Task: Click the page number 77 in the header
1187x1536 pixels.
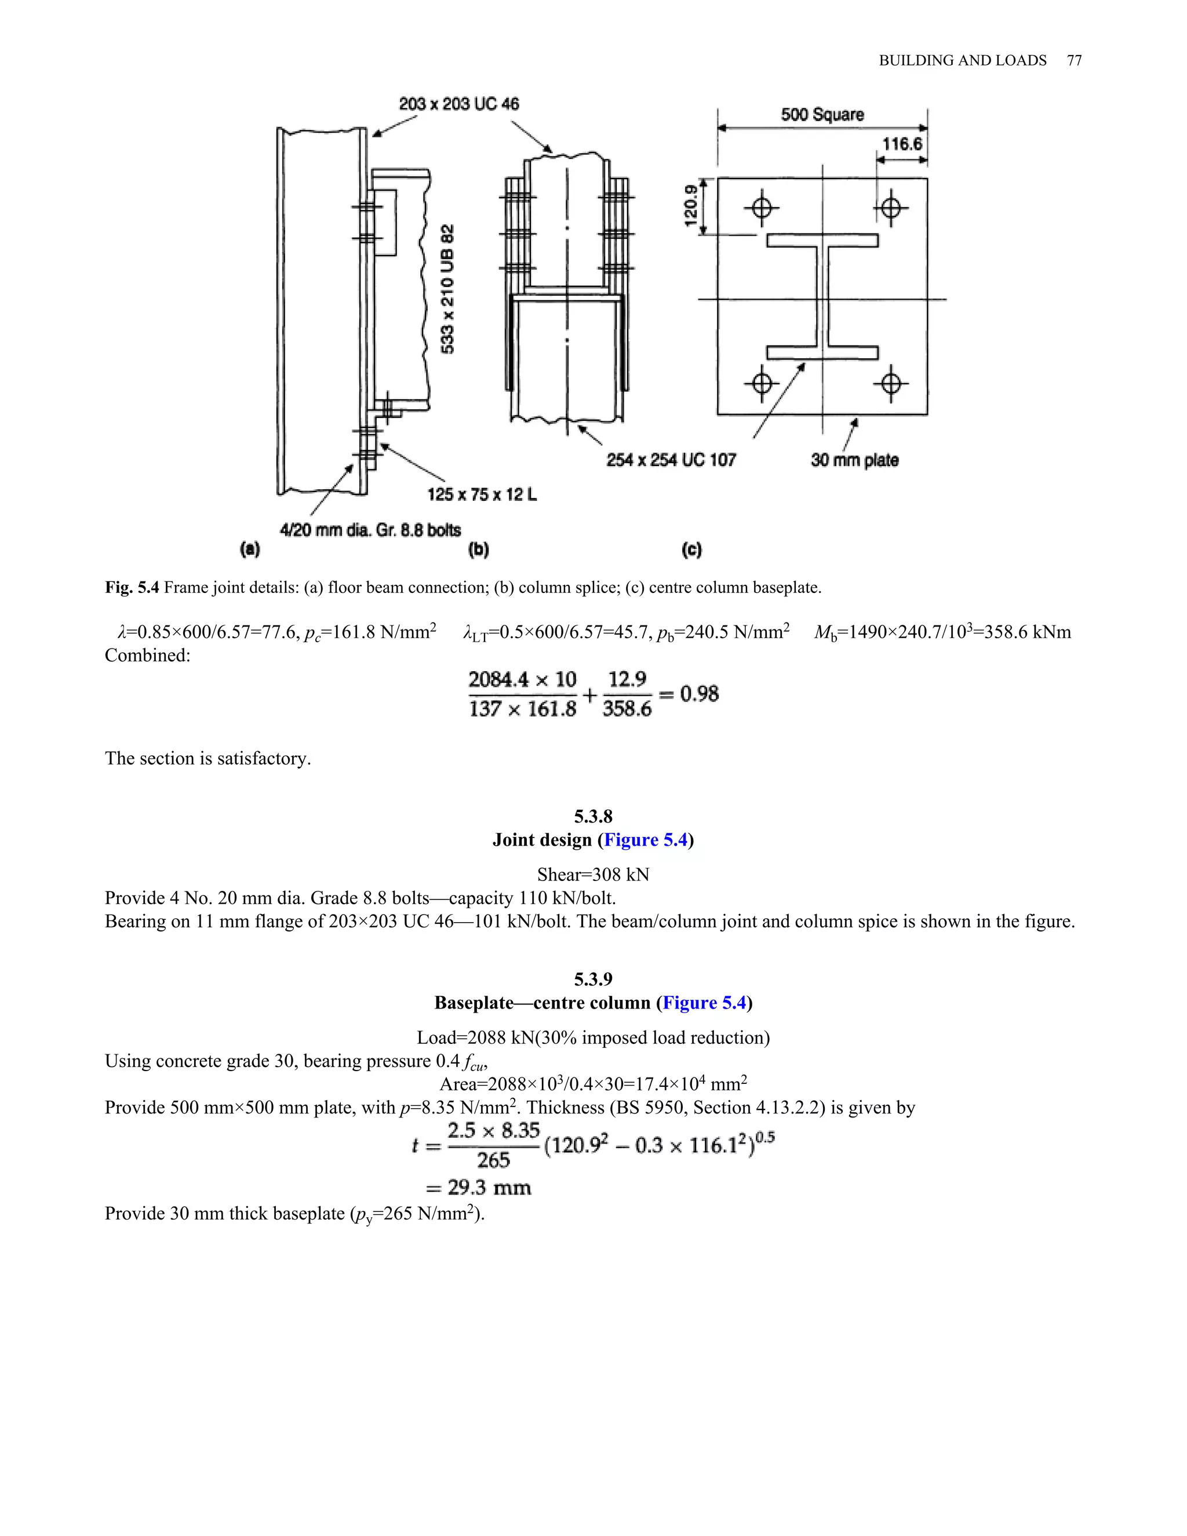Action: pyautogui.click(x=1074, y=60)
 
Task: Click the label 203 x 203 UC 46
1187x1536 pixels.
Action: pyautogui.click(x=458, y=104)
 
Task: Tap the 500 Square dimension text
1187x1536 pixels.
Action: pyautogui.click(x=822, y=115)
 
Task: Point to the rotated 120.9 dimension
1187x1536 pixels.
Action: pyautogui.click(x=690, y=205)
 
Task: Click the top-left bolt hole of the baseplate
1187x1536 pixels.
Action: pyautogui.click(x=762, y=208)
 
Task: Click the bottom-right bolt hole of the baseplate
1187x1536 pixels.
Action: pyautogui.click(x=891, y=384)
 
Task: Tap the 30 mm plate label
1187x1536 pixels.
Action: pyautogui.click(x=854, y=460)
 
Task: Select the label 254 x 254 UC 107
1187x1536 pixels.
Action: pyautogui.click(x=671, y=460)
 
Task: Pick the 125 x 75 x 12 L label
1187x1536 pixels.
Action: pyautogui.click(x=482, y=494)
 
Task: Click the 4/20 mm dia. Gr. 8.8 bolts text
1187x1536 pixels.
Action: pyautogui.click(x=370, y=530)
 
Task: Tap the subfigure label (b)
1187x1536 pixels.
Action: pyautogui.click(x=478, y=549)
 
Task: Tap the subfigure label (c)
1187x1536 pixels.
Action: pyautogui.click(x=691, y=549)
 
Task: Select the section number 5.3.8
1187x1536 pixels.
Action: pyautogui.click(x=593, y=817)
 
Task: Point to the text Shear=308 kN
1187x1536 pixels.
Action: pyautogui.click(x=593, y=874)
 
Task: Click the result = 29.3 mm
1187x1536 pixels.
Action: pyautogui.click(x=478, y=1188)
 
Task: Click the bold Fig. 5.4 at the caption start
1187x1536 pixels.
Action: pyautogui.click(x=132, y=587)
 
